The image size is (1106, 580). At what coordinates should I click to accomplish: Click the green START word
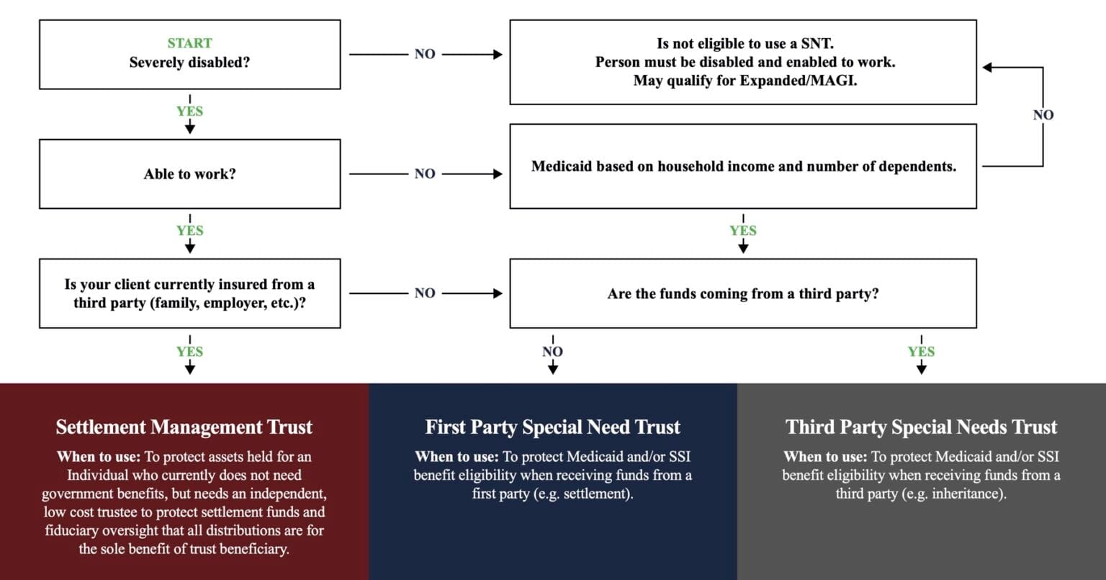coord(189,43)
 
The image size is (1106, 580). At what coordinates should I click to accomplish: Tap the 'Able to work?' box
coord(189,174)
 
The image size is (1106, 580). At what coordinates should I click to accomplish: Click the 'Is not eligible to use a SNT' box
coord(742,62)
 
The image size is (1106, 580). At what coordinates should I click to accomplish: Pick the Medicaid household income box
coord(742,166)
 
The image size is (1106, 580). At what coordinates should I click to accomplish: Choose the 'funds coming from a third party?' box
coord(742,293)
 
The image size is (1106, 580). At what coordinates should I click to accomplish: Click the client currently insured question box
coord(189,293)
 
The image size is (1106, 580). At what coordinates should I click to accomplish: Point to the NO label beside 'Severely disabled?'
coord(425,54)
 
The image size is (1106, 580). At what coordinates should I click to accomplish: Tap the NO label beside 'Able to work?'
coord(425,174)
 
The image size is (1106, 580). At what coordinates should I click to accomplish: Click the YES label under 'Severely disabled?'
coord(189,111)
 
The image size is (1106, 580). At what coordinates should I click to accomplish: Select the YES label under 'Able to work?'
coord(189,231)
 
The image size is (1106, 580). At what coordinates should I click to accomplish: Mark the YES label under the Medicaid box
coord(742,231)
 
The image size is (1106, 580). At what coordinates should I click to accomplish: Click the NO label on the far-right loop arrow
coord(1043,115)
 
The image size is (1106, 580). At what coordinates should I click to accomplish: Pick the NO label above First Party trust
coord(552,352)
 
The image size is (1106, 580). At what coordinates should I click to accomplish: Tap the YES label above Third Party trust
coord(921,352)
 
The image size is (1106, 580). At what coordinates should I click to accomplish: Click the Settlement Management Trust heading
coord(184,427)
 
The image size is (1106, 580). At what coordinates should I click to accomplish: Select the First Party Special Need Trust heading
coord(552,427)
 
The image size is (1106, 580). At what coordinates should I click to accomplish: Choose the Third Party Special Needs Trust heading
coord(921,427)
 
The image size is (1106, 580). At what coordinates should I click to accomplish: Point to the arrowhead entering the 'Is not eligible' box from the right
coord(988,68)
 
